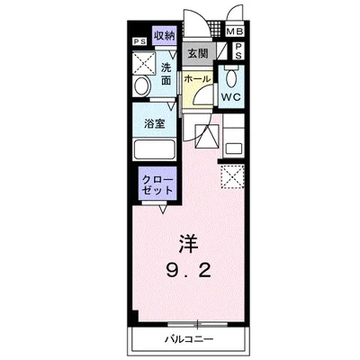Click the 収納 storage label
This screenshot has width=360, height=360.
coord(163,36)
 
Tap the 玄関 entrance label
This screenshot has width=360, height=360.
coord(198,54)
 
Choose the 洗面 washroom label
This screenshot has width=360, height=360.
coord(166,74)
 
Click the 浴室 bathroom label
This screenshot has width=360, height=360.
coord(155,122)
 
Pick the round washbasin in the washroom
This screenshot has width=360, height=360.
coord(142,87)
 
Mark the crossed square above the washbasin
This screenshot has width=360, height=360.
coord(142,62)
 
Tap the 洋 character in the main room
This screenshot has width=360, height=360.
coord(187,244)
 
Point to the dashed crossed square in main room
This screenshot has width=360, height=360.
coord(233,176)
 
